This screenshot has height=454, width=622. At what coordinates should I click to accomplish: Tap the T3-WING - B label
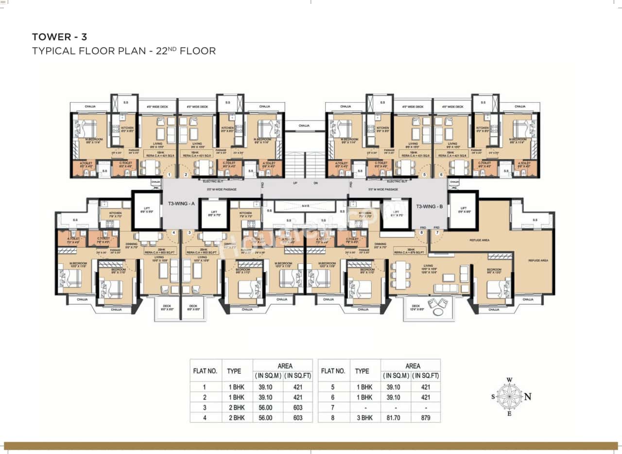430,206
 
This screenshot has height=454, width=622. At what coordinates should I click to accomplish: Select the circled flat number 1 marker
170,174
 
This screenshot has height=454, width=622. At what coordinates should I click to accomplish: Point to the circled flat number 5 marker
424,174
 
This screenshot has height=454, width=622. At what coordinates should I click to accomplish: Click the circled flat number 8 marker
421,233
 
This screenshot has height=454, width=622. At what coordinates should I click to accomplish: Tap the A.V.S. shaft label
305,206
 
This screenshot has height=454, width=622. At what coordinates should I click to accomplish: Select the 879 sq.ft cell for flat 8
426,417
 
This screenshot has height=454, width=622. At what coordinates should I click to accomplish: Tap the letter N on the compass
528,397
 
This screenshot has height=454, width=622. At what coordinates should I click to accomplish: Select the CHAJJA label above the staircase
304,125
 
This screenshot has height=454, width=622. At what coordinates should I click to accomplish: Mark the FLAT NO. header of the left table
206,371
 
